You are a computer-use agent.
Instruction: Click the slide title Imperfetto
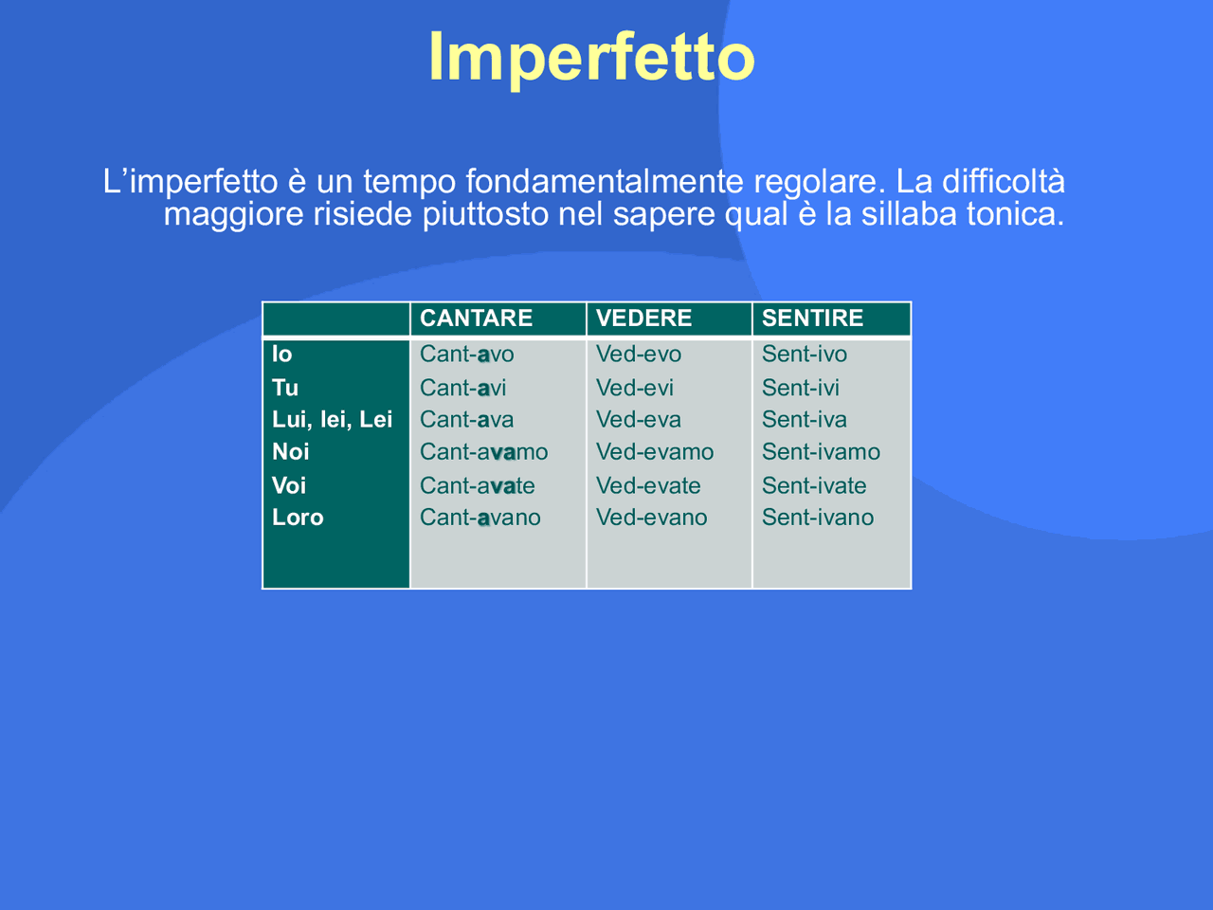pos(591,57)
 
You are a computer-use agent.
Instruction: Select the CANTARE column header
pos(476,318)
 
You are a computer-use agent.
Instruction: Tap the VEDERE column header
pos(643,318)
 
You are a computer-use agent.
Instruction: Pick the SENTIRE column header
pos(812,318)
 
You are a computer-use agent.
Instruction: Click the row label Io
pos(282,355)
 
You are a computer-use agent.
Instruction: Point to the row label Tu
pos(285,388)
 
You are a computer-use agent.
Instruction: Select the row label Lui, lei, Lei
pos(332,420)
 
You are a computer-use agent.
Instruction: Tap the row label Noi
pos(291,452)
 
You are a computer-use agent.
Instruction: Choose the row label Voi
pos(289,485)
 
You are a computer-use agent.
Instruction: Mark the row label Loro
pos(298,518)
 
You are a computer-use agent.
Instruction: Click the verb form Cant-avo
pos(466,355)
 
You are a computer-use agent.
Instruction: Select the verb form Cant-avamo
pos(483,452)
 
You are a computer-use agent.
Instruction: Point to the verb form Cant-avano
pos(480,518)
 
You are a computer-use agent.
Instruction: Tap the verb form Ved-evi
pos(634,388)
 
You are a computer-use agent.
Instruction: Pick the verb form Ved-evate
pos(648,485)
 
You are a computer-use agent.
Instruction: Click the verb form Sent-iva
pos(804,420)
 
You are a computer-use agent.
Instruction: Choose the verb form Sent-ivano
pos(817,518)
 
